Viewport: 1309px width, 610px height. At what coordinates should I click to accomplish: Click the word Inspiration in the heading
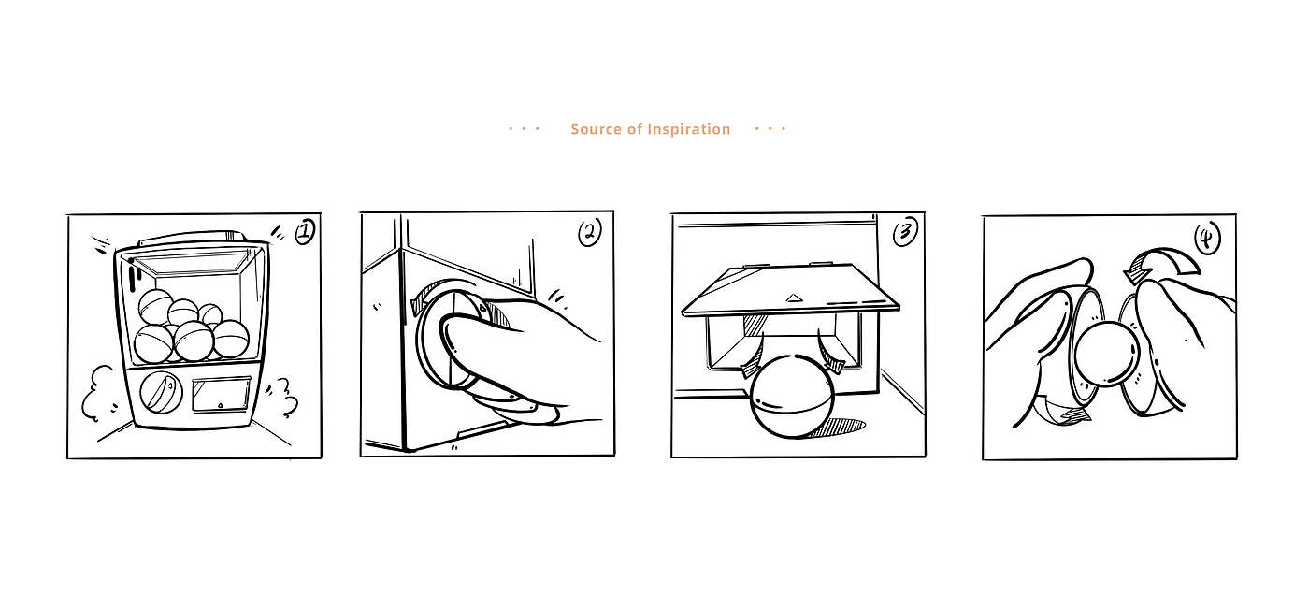point(688,129)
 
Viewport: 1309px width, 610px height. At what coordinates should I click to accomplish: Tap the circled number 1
point(305,232)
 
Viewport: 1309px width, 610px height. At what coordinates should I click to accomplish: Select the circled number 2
point(590,232)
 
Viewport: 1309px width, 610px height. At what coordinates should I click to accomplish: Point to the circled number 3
point(905,232)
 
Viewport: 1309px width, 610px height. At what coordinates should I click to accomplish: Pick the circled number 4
point(1207,238)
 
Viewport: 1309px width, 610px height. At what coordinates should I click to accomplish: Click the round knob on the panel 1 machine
point(161,392)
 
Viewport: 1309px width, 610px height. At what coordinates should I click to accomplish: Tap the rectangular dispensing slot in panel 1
point(221,395)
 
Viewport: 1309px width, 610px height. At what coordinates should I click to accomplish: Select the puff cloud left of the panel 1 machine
point(99,393)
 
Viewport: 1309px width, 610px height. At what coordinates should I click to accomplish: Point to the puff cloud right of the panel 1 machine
point(282,397)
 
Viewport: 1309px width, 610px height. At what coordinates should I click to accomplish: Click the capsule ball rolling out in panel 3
point(792,396)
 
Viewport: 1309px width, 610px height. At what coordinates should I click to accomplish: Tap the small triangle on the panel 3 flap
point(793,298)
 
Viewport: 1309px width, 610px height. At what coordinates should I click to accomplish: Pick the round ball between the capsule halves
point(1107,354)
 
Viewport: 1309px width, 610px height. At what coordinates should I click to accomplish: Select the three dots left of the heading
point(525,129)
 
